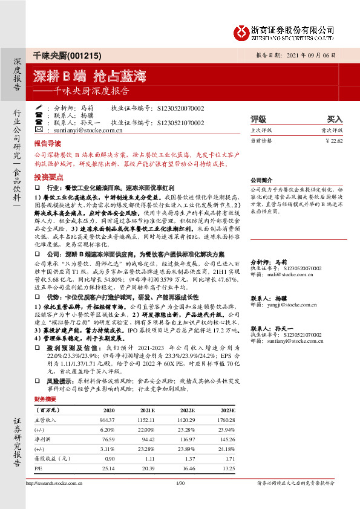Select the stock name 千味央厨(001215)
tap(59, 54)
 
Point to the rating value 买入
tap(335, 119)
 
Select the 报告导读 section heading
tap(47, 145)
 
